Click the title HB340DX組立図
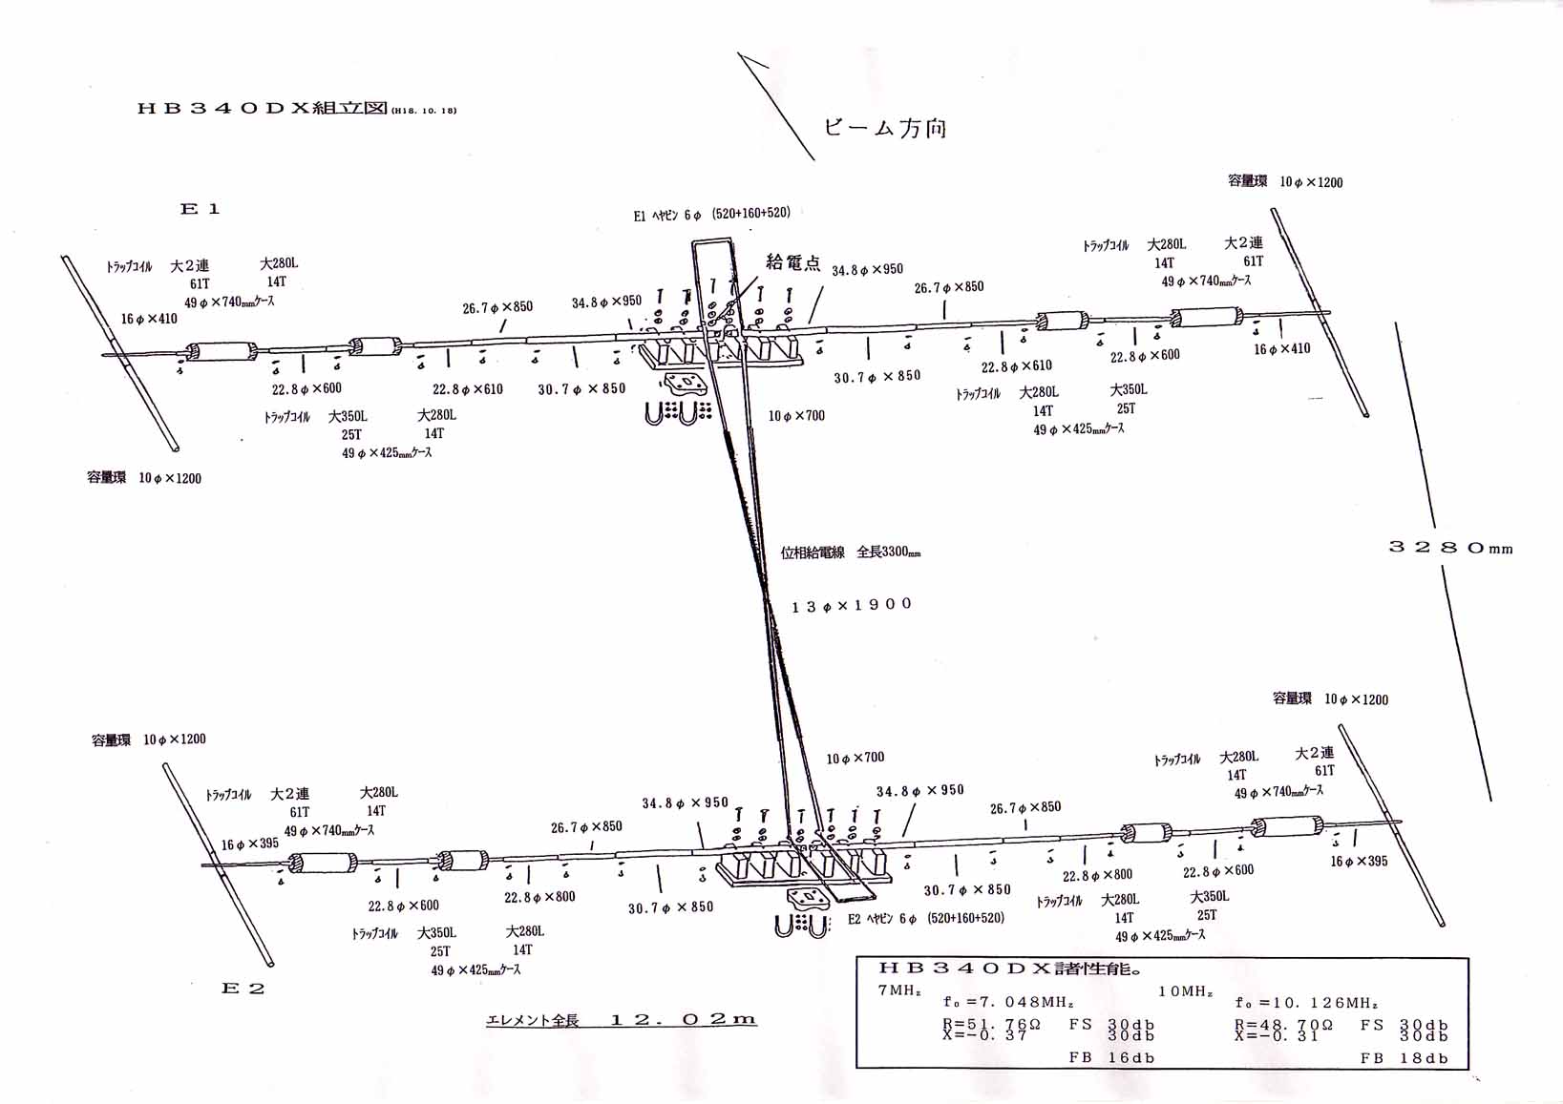pyautogui.click(x=262, y=109)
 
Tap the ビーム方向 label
pyautogui.click(x=885, y=128)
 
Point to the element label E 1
pyautogui.click(x=201, y=209)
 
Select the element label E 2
pyautogui.click(x=243, y=989)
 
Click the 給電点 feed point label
pyautogui.click(x=792, y=263)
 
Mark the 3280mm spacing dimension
pyautogui.click(x=1450, y=548)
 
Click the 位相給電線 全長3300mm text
pyautogui.click(x=850, y=552)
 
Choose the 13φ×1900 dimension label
pyautogui.click(x=852, y=605)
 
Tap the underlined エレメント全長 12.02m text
pyautogui.click(x=621, y=1020)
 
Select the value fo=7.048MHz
pyautogui.click(x=1008, y=1003)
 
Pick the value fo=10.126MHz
pyautogui.click(x=1306, y=1003)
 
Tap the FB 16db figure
pyautogui.click(x=1111, y=1057)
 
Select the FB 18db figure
pyautogui.click(x=1404, y=1057)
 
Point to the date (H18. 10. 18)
pyautogui.click(x=423, y=111)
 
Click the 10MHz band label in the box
pyautogui.click(x=1185, y=991)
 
